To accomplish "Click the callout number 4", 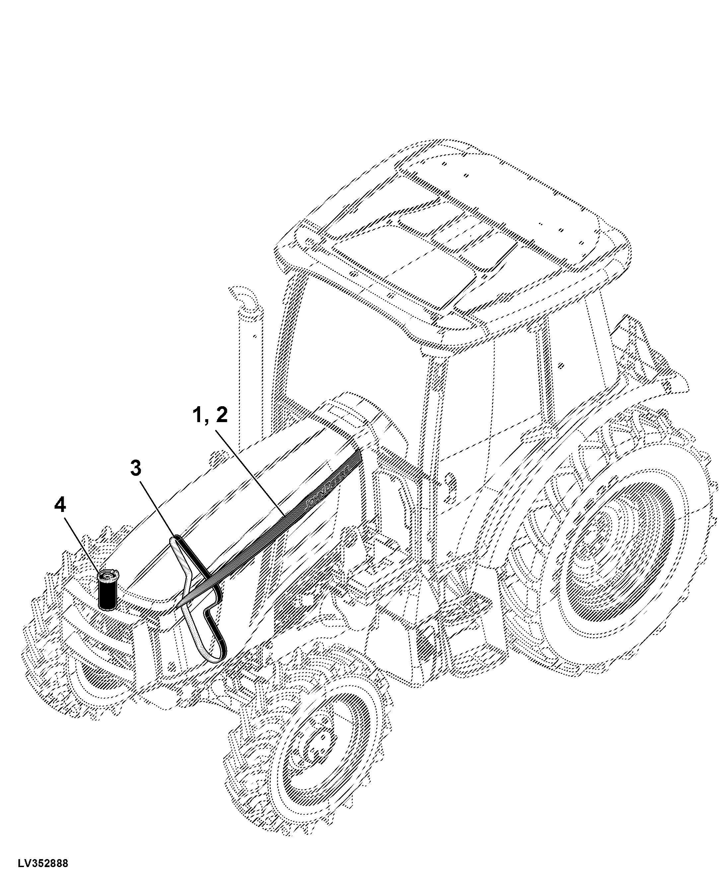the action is coord(60,505).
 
